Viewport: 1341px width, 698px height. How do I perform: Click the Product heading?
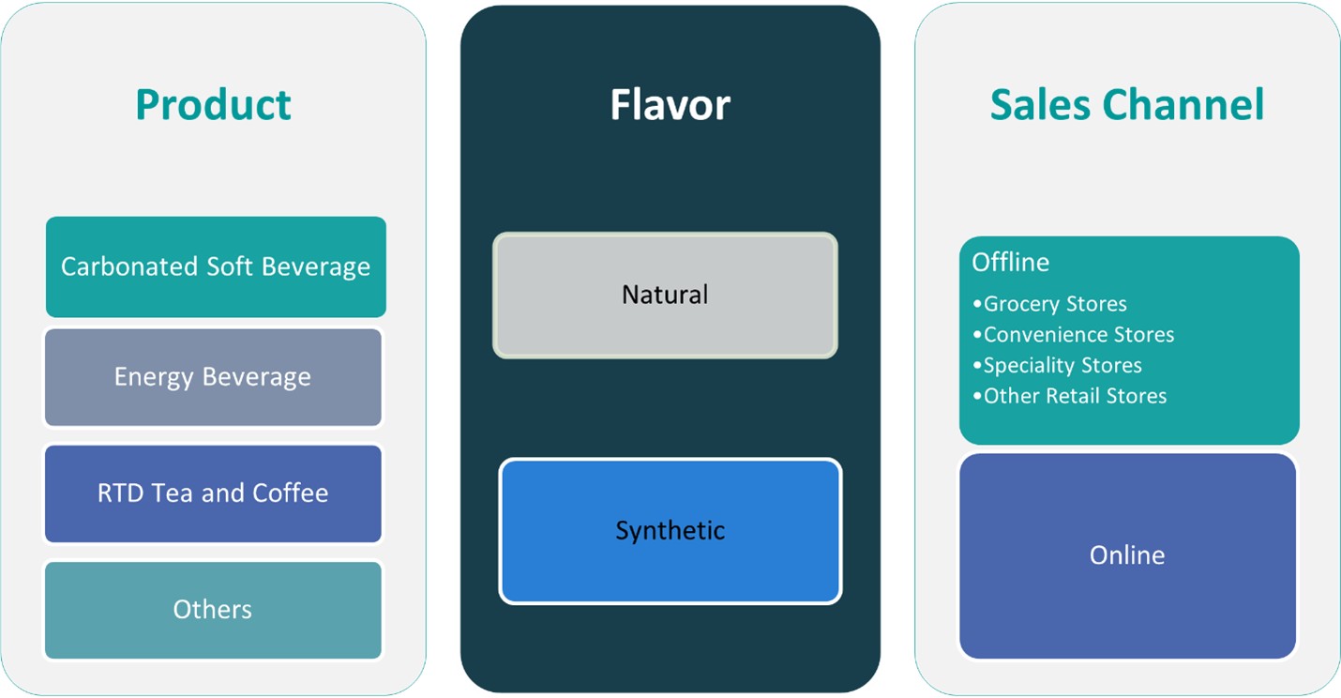click(213, 104)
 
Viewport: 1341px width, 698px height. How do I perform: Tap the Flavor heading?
click(670, 104)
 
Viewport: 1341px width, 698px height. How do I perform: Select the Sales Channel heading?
click(1126, 104)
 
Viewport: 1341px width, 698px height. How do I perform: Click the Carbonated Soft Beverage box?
click(216, 266)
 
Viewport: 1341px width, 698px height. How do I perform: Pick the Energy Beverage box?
click(213, 377)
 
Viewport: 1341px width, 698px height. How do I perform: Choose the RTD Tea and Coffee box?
click(213, 493)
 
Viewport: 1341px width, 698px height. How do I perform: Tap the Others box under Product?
click(213, 610)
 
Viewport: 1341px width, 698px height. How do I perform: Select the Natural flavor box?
click(665, 295)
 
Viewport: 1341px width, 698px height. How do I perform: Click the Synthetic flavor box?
click(670, 531)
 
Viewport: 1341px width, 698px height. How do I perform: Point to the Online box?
click(1127, 555)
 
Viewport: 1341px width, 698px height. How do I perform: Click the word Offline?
click(1010, 262)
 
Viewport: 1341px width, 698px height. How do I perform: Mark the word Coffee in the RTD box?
click(291, 493)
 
